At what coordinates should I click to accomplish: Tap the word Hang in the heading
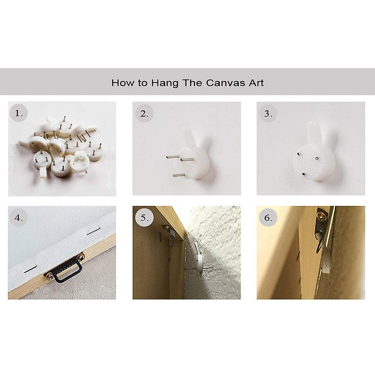click(x=165, y=83)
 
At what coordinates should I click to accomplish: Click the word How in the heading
click(x=122, y=83)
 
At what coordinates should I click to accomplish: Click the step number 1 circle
click(x=18, y=113)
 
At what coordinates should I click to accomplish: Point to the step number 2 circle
click(x=144, y=113)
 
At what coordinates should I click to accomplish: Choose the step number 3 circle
click(x=268, y=113)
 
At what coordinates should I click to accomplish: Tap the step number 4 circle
click(x=18, y=217)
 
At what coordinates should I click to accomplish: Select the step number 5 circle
click(x=144, y=217)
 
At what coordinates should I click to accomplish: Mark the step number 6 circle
click(x=268, y=217)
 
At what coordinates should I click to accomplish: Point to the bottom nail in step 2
click(x=179, y=175)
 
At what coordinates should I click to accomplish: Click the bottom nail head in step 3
click(x=303, y=173)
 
